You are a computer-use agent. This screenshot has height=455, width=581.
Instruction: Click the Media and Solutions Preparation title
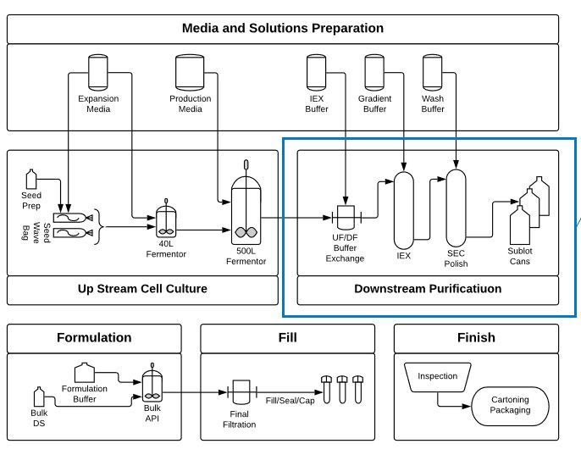coord(282,28)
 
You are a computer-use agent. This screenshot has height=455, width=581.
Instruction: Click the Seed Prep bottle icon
coord(31,179)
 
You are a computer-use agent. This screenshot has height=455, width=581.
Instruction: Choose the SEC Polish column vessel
coord(456,208)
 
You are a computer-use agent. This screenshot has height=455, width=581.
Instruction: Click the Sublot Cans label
coord(519,256)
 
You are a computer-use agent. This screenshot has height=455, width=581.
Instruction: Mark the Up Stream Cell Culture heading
coord(142,289)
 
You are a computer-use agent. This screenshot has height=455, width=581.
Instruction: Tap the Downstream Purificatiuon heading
coord(428,289)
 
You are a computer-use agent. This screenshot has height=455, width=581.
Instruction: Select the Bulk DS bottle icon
coord(38,398)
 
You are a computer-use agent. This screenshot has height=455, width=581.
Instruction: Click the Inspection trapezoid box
coord(438,377)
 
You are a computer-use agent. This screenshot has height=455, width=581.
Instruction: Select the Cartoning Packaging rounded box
coord(510,405)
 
